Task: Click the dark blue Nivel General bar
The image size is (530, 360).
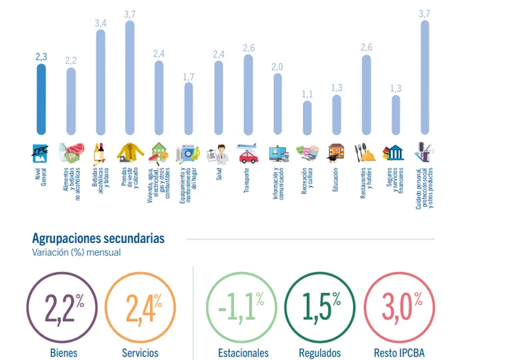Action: click(x=41, y=100)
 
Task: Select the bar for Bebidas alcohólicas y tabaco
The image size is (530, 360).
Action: click(x=100, y=83)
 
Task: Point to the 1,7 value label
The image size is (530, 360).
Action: click(x=189, y=76)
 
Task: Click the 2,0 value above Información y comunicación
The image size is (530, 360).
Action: click(x=277, y=67)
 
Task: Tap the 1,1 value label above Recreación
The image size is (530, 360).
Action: click(x=307, y=94)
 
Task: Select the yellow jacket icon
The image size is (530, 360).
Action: click(x=129, y=151)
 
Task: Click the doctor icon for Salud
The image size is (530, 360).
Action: click(x=218, y=151)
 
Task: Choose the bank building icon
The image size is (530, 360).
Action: click(x=395, y=151)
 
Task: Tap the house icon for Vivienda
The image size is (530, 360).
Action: click(x=159, y=151)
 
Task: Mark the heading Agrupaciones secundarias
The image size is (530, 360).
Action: click(x=98, y=238)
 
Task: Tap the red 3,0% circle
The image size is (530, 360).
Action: click(x=399, y=308)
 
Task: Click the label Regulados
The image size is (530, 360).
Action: click(x=319, y=353)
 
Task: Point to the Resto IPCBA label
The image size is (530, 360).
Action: click(x=399, y=353)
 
